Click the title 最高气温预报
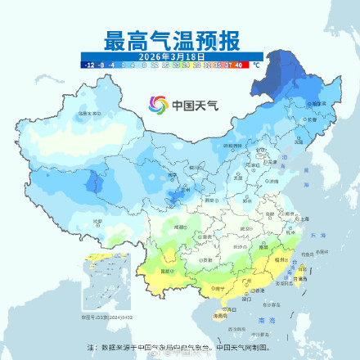tap(171, 40)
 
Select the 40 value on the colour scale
tap(238, 63)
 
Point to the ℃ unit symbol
tap(256, 63)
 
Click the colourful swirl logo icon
tap(156, 106)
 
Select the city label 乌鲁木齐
tap(82, 115)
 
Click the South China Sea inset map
tap(99, 283)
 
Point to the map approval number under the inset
tap(98, 316)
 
